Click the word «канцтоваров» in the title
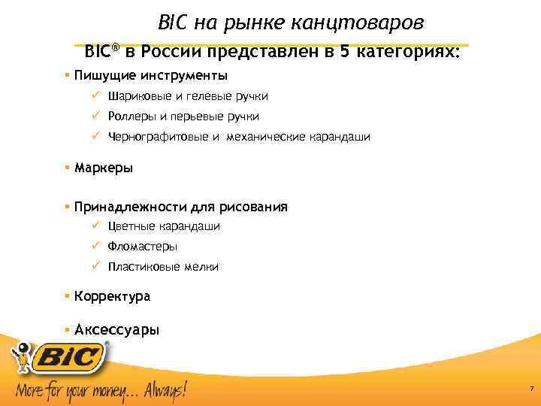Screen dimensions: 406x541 (370, 23)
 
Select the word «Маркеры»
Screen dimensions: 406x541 (104, 168)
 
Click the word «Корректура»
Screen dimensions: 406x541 (112, 296)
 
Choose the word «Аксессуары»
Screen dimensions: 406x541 (116, 329)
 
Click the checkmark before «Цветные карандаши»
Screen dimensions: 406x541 (95, 226)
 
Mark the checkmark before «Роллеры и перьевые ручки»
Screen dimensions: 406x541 (95, 116)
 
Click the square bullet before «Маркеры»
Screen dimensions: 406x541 (67, 167)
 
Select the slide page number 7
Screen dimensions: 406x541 (531, 389)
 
